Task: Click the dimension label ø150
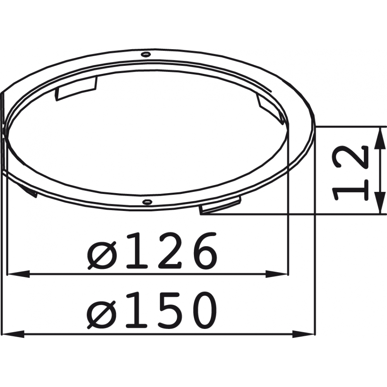(152, 310)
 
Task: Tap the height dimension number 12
(350, 173)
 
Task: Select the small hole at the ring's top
(146, 54)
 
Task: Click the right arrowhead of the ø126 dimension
(277, 274)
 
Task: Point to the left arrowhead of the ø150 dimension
(13, 334)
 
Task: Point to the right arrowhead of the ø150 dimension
(303, 334)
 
